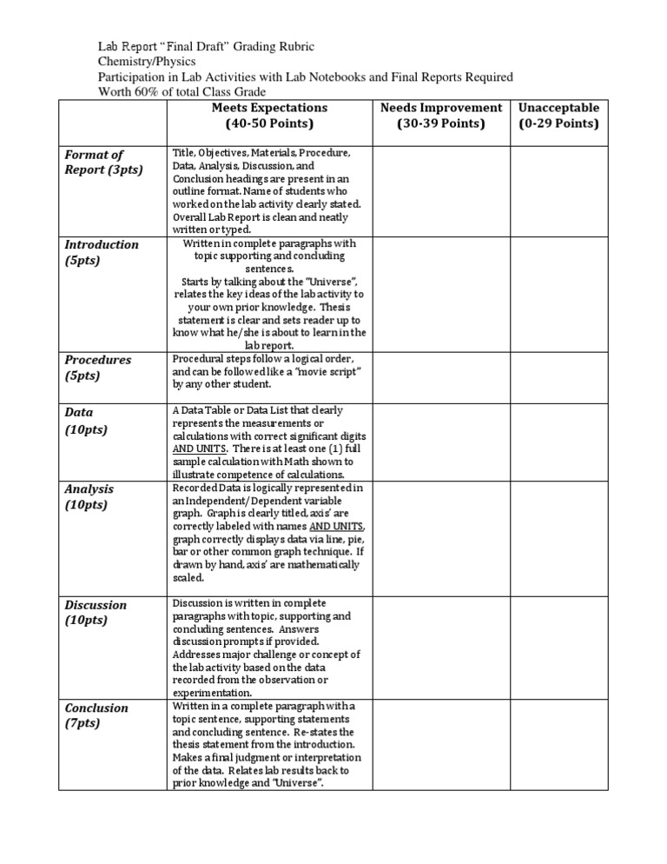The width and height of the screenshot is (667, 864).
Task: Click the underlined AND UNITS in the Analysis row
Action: click(x=337, y=527)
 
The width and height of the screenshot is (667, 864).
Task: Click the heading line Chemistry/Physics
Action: click(x=147, y=62)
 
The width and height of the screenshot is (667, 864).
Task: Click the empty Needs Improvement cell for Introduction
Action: click(x=441, y=295)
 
